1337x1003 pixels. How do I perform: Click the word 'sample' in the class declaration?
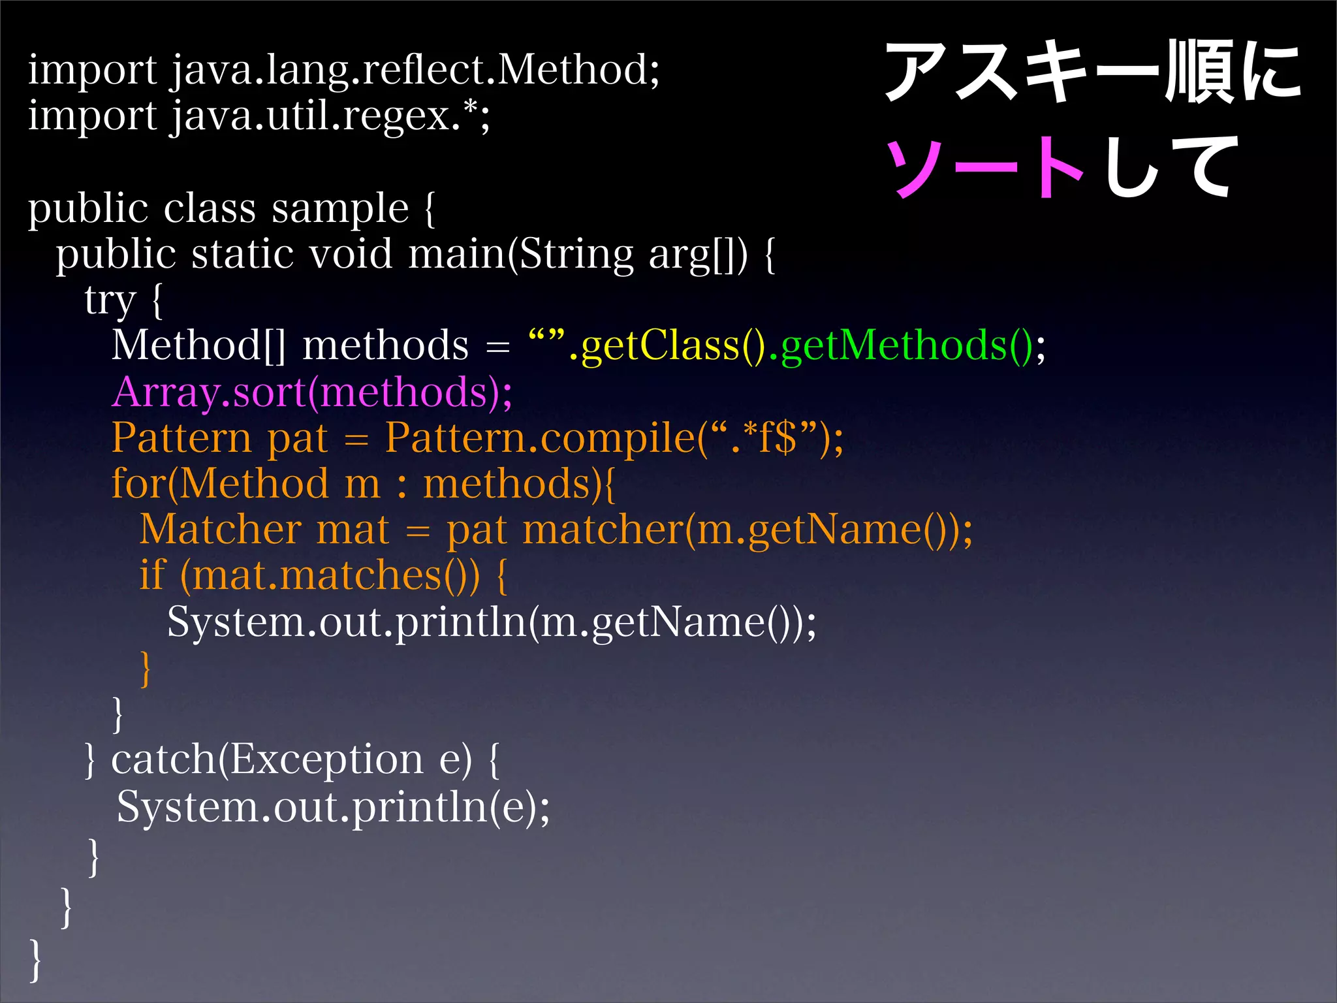coord(339,209)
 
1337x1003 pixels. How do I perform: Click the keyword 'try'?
coord(110,300)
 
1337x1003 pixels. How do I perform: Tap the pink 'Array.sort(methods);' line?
coord(312,392)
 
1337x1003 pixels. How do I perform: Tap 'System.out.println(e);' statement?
coord(333,807)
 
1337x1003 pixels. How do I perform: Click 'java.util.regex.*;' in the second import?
coord(330,116)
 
